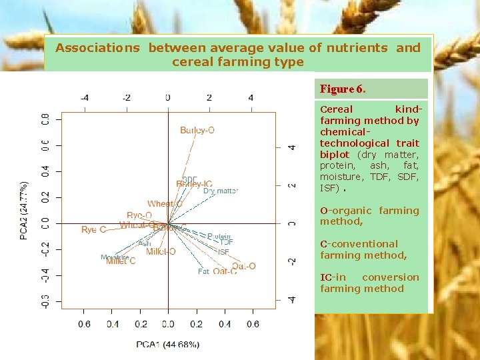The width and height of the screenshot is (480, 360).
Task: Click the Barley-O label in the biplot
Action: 197,131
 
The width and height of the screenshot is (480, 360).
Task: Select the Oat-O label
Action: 243,266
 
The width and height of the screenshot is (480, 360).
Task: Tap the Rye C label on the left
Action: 93,230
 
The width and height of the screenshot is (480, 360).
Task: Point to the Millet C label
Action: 121,261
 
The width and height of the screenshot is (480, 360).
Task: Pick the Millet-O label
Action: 161,252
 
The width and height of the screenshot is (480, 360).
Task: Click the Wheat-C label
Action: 165,204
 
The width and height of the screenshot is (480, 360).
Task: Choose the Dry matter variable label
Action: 221,191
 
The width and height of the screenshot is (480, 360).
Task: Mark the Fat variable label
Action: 203,271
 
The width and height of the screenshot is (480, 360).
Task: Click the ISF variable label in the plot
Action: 223,253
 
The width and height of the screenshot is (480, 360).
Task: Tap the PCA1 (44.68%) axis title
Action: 168,344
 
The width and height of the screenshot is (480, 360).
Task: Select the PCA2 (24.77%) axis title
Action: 25,210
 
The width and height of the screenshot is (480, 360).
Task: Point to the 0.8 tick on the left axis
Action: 45,120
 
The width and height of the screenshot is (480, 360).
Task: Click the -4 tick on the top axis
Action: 85,98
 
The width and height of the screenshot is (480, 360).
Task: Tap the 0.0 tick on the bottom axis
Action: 167,325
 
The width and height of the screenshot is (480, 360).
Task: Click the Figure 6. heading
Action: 343,89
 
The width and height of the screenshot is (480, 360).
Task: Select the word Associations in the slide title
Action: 97,47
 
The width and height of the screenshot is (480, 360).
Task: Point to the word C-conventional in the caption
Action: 359,244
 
